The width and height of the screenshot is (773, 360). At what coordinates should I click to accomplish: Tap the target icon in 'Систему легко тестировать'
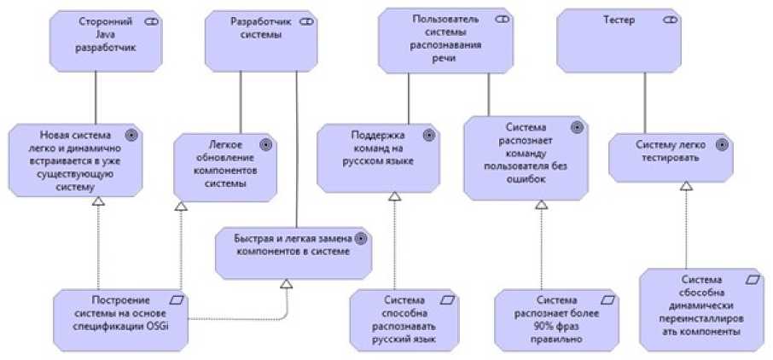(723, 143)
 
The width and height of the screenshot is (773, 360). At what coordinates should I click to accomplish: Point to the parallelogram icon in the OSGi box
(175, 299)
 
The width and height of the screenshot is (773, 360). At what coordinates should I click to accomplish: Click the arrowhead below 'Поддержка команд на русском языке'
(394, 197)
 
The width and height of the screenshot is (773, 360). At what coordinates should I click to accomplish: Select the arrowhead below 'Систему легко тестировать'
(686, 187)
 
